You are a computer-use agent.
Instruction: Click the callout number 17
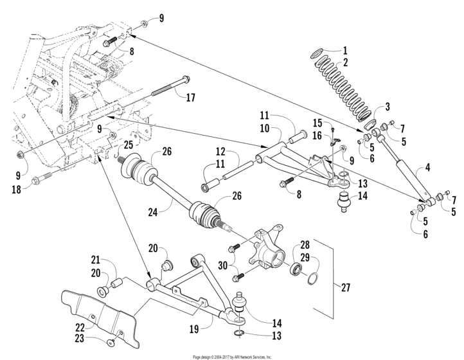[x=190, y=99]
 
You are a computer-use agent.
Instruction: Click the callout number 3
[x=388, y=107]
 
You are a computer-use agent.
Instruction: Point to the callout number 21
[x=94, y=260]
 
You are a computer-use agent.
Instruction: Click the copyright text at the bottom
[x=232, y=356]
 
